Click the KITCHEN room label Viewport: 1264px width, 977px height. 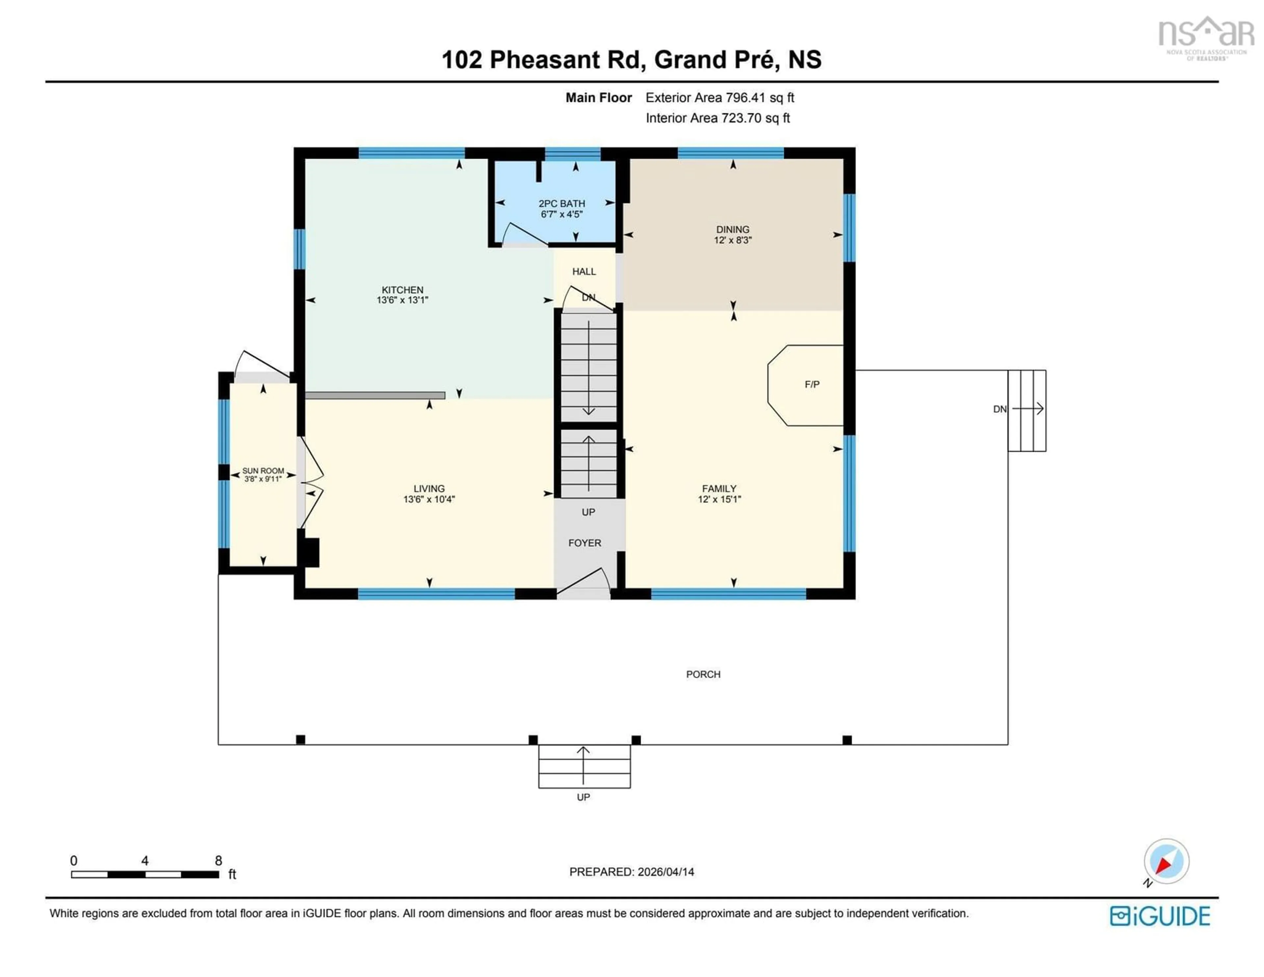pyautogui.click(x=402, y=290)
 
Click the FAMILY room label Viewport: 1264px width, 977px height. pyautogui.click(x=719, y=489)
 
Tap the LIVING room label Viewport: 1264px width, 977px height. pyautogui.click(x=429, y=489)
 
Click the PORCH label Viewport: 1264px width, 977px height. pyautogui.click(x=703, y=675)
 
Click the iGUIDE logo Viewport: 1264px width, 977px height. pyautogui.click(x=1160, y=916)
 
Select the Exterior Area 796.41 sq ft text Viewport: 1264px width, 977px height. pyautogui.click(x=719, y=98)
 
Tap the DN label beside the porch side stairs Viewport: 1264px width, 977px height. pyautogui.click(x=999, y=409)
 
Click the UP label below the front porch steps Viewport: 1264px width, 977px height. pyautogui.click(x=583, y=797)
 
